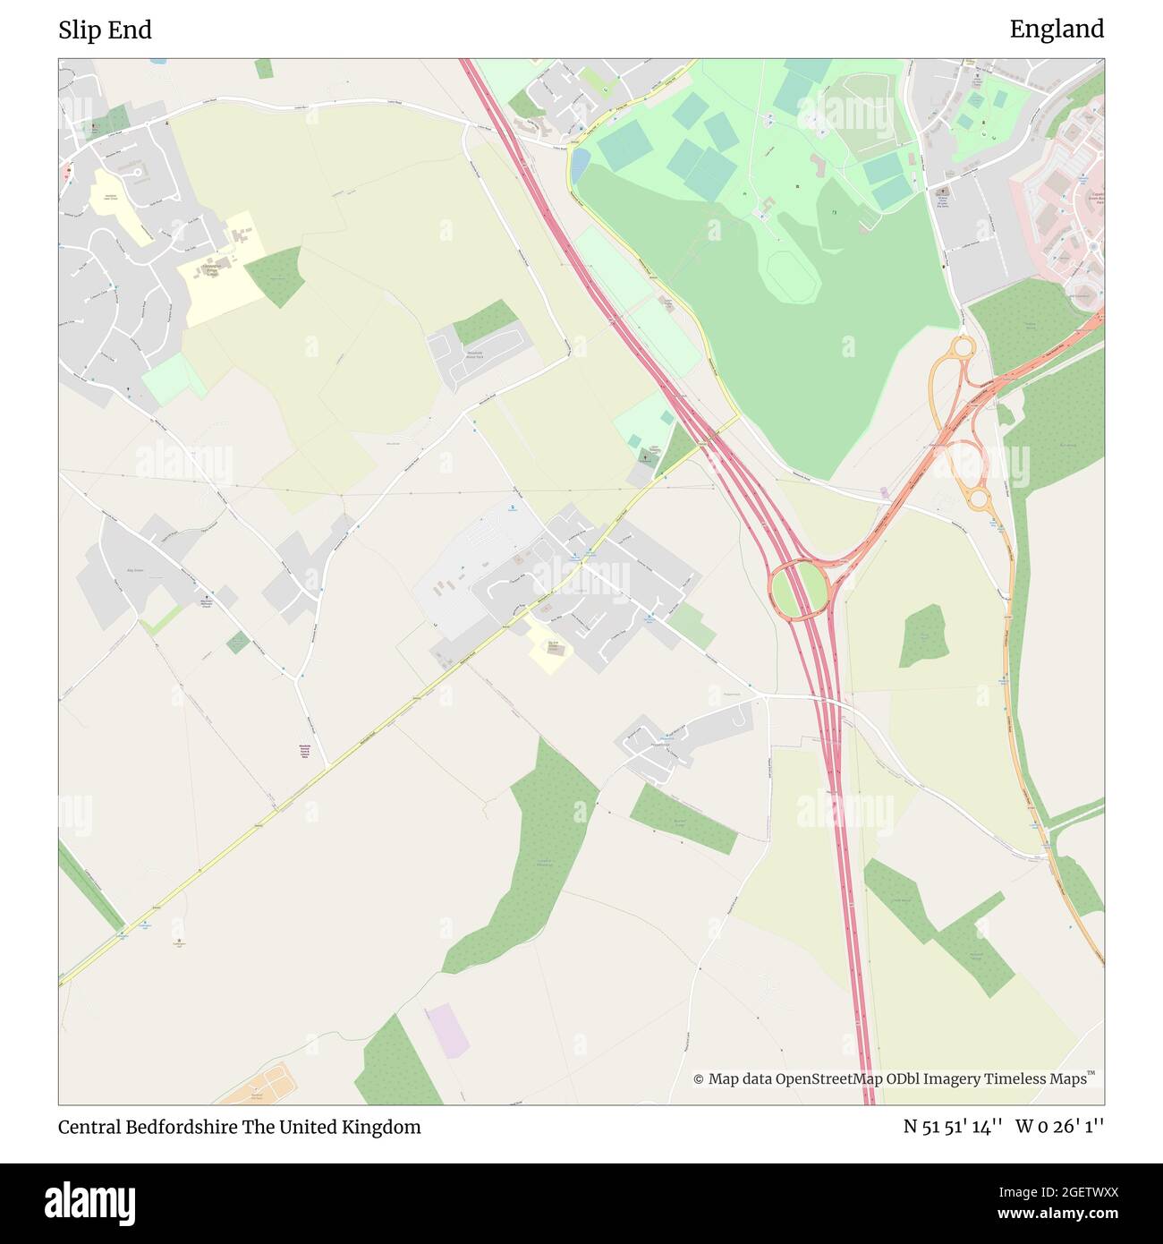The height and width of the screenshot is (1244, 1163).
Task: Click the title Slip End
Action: (105, 30)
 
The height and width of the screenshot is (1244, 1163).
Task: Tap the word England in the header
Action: (1057, 30)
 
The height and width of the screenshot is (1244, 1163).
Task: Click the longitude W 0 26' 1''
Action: (1060, 1127)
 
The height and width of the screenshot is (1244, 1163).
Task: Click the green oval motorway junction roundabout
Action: (797, 588)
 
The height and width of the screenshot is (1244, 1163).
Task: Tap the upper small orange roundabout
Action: (963, 345)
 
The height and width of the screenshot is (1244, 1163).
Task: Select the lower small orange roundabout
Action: (979, 498)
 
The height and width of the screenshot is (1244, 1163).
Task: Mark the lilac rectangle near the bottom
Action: (447, 1030)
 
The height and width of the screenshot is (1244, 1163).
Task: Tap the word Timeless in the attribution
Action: (1016, 1079)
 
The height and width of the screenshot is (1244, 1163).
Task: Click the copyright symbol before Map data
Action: (699, 1079)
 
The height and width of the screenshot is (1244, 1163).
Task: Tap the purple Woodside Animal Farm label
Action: (305, 752)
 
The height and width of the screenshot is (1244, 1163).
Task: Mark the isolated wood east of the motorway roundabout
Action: (923, 635)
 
